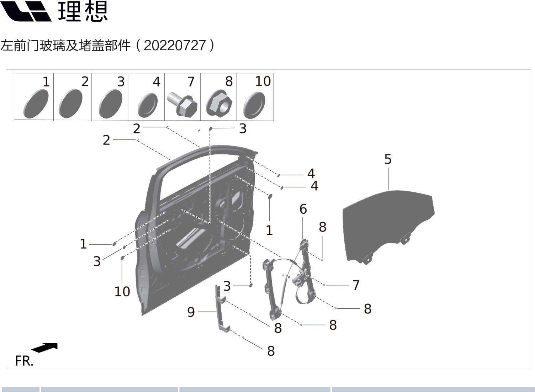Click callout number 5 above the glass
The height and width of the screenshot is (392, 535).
388,159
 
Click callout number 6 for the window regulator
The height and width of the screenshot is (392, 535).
303,209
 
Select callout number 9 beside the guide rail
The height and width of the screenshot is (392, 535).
191,312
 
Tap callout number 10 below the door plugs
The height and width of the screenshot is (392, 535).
122,291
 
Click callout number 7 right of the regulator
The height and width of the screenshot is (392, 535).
356,285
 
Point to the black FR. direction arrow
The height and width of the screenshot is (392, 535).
45,347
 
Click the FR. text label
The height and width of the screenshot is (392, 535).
24,361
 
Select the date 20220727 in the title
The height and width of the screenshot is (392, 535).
175,46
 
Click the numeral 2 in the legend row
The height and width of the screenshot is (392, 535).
85,81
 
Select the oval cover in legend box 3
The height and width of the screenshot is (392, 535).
110,104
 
